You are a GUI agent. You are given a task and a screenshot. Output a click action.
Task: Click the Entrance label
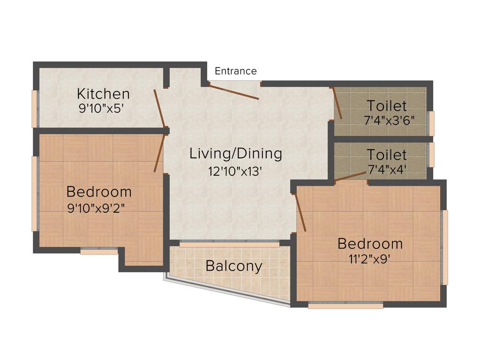pos(235,71)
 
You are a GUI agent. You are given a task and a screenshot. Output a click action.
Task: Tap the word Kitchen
pos(103,94)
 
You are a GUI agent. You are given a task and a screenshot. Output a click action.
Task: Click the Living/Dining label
pos(236,154)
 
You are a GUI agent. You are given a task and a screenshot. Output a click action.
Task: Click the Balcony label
pos(233,266)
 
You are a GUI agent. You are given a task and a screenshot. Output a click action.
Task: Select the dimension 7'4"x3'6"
pos(389,120)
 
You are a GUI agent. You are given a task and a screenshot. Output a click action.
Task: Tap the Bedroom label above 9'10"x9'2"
pos(99,192)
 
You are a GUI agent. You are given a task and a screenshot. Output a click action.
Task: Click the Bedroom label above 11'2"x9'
pos(370,244)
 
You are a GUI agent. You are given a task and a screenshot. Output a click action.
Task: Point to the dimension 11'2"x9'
pos(370,259)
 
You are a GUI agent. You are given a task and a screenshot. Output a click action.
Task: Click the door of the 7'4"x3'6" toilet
pos(337,104)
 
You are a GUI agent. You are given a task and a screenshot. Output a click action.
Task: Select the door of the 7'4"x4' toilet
pos(350,176)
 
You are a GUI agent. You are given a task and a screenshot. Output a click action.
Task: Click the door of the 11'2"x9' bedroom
pos(300,213)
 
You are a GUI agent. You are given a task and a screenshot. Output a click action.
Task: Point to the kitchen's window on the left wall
pos(34,109)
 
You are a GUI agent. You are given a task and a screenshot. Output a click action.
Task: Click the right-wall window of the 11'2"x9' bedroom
pos(445,247)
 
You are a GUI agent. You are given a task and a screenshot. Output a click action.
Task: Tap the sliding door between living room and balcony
pos(229,244)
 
